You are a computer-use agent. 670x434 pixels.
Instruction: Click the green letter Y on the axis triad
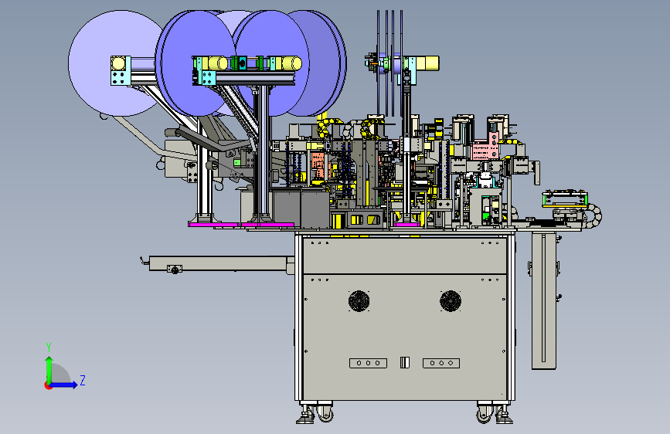pos(49,347)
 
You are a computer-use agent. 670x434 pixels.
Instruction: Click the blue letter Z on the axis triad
pos(83,380)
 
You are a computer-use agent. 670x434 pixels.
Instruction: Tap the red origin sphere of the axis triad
pos(48,385)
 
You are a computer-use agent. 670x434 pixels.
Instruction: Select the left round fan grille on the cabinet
pos(359,301)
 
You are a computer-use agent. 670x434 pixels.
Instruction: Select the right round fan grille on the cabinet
pos(451,301)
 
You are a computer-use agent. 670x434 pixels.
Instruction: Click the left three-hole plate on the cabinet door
pos(368,363)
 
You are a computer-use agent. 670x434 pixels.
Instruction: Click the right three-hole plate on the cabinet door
pos(441,363)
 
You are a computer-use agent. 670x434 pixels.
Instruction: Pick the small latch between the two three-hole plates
pos(405,363)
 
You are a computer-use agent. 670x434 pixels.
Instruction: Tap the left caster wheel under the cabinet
pos(324,413)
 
